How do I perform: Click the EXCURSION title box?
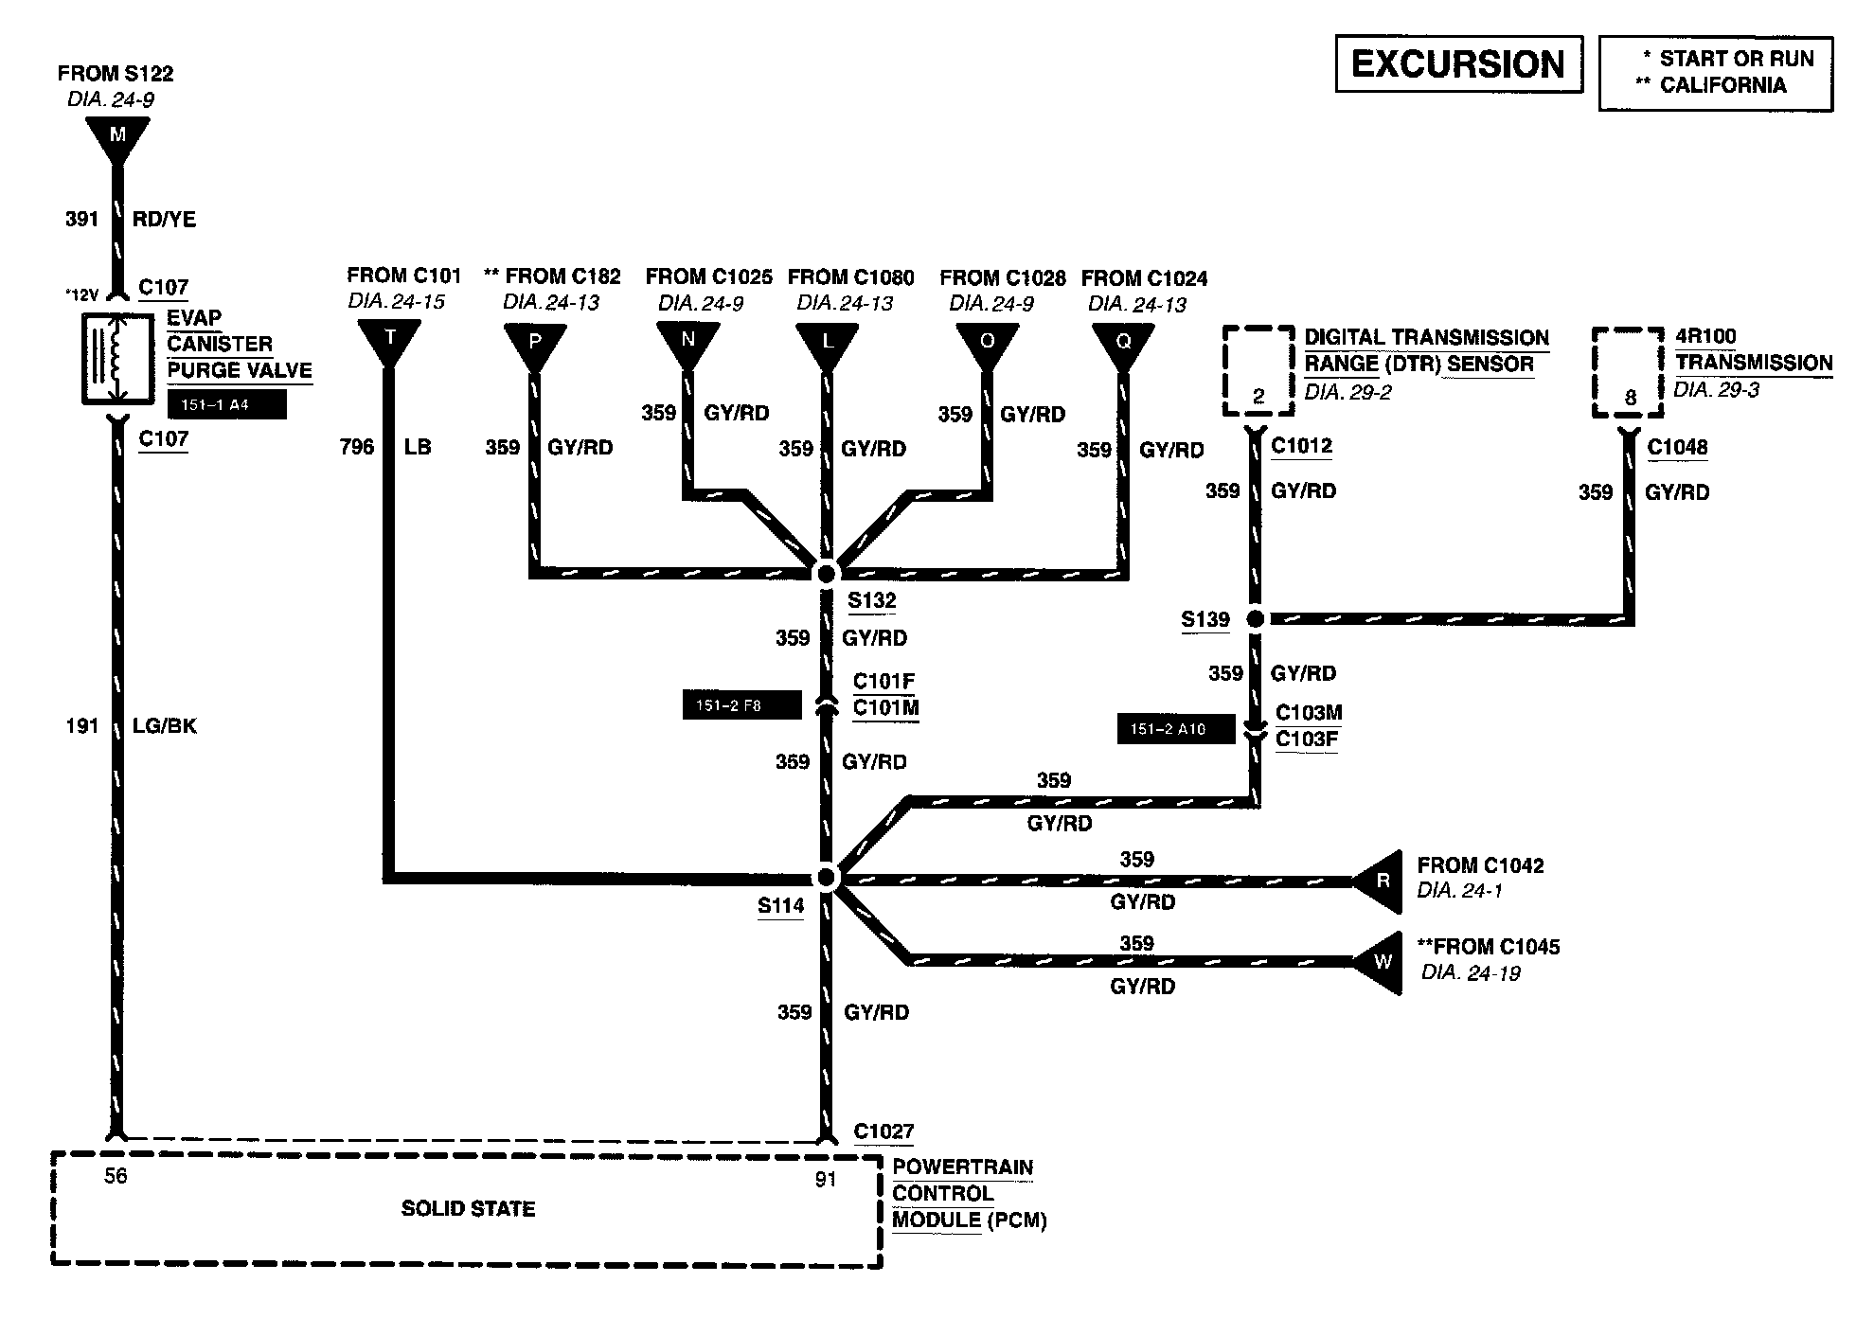(x=1458, y=64)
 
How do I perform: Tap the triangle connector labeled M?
(x=117, y=137)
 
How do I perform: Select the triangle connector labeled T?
(x=389, y=340)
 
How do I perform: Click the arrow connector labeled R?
(x=1381, y=881)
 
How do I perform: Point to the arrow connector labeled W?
(x=1381, y=962)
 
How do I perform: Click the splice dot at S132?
(x=827, y=573)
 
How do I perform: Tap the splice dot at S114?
(x=827, y=878)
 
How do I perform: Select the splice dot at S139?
(x=1256, y=619)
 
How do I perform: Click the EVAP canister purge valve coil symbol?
(x=117, y=358)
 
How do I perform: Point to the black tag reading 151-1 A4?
(x=226, y=405)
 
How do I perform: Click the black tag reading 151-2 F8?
(x=741, y=705)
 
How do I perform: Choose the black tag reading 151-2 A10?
(x=1175, y=729)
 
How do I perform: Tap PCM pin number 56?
(x=116, y=1176)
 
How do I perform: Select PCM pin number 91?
(x=826, y=1180)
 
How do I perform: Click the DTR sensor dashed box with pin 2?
(x=1258, y=371)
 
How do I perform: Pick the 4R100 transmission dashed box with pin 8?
(x=1628, y=372)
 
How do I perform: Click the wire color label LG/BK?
(x=165, y=726)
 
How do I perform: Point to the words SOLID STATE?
(x=468, y=1209)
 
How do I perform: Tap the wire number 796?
(x=357, y=447)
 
